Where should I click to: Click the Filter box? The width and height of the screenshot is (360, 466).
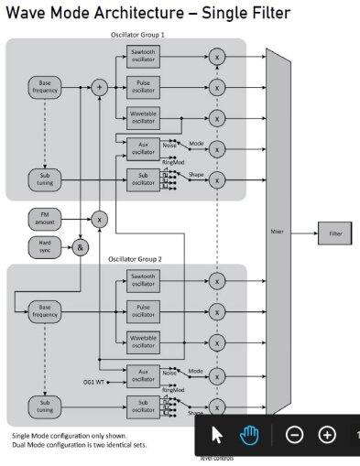(334, 234)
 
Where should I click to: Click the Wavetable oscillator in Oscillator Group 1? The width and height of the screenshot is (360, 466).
(143, 117)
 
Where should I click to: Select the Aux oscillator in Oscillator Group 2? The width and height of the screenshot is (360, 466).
(143, 374)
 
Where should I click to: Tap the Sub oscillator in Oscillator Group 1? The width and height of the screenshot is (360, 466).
(143, 179)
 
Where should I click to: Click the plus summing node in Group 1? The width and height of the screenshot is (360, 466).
(99, 87)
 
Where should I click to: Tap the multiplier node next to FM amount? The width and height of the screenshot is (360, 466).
(99, 220)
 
